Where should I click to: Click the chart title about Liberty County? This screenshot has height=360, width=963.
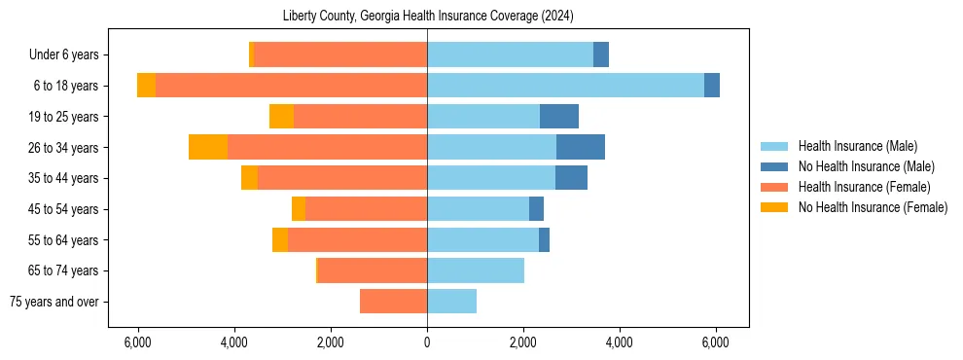428,17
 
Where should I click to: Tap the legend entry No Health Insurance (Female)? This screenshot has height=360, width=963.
872,207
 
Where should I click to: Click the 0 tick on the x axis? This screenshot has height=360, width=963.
427,342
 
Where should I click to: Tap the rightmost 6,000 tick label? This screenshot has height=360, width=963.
715,342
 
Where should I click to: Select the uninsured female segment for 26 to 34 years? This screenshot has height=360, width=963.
208,147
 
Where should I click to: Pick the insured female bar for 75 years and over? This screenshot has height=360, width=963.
393,302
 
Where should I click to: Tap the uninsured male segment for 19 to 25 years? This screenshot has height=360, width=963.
559,116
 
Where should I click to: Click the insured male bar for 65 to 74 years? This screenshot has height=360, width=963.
476,270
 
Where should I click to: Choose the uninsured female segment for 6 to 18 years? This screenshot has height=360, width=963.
146,86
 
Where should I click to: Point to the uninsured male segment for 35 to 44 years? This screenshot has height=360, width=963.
571,178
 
